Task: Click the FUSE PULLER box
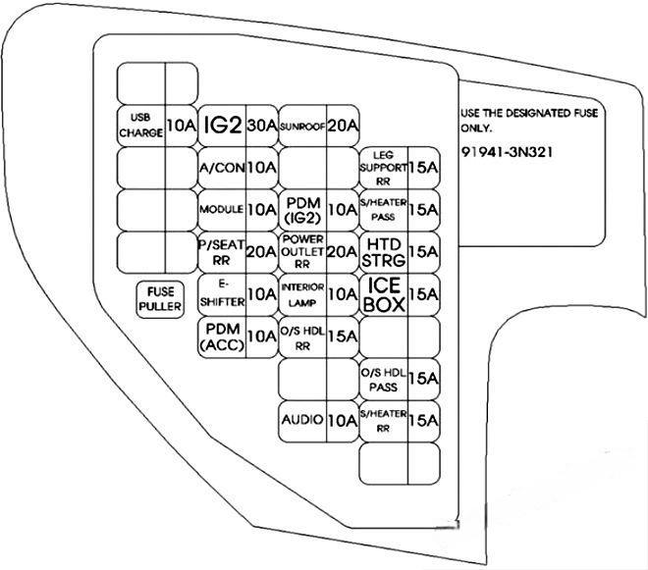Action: [160, 300]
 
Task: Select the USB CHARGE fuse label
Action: [139, 125]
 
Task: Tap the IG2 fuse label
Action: [222, 125]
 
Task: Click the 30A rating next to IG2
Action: [261, 125]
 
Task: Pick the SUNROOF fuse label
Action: [302, 126]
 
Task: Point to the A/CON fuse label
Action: [221, 168]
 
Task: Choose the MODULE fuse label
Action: [221, 209]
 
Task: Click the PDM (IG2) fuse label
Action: [302, 209]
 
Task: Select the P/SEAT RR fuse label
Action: [221, 251]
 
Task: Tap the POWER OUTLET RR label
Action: [302, 251]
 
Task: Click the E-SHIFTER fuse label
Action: [221, 293]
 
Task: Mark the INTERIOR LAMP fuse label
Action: [302, 293]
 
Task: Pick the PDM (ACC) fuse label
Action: [221, 336]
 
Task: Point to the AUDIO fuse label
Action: [302, 420]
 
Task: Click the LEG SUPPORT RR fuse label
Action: [383, 168]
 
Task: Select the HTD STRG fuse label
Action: [383, 251]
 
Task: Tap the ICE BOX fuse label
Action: [383, 293]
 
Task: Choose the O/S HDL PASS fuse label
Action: [383, 378]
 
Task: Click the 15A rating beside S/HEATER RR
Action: [424, 420]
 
